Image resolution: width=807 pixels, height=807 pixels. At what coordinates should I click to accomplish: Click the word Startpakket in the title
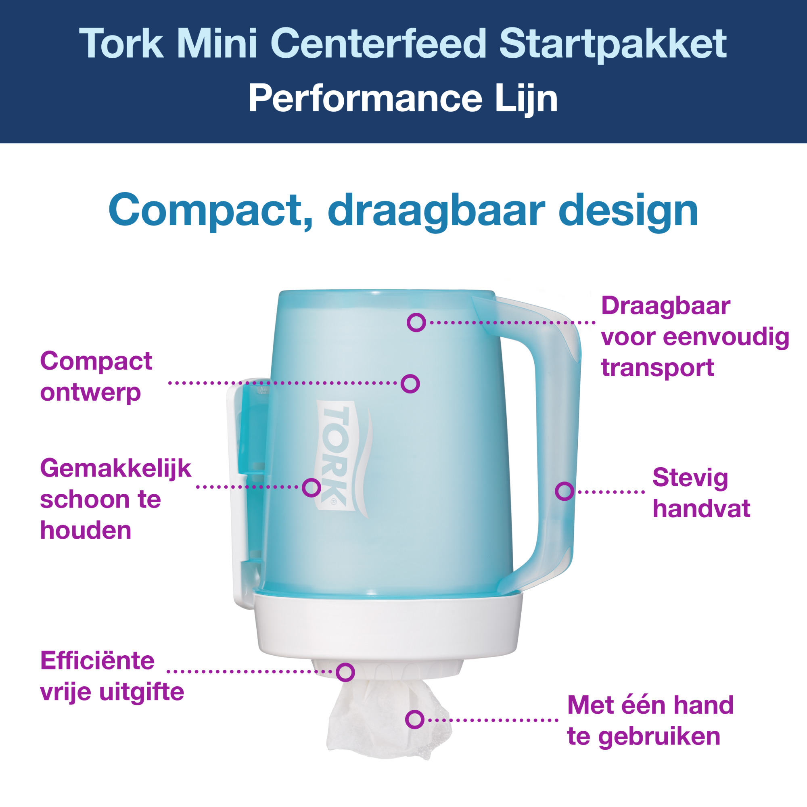click(x=613, y=44)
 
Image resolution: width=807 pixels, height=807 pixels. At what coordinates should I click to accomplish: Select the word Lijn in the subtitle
click(x=526, y=99)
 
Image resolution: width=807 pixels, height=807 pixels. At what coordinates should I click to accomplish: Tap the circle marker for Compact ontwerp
click(x=410, y=383)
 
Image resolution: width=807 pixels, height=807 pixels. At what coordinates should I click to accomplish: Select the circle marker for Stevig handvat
click(x=564, y=491)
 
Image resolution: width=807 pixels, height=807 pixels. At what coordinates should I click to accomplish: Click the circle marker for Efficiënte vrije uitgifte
click(x=345, y=672)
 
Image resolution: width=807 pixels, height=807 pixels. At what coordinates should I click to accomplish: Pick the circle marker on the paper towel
click(x=415, y=720)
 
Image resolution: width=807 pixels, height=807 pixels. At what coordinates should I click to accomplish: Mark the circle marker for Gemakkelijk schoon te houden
click(x=311, y=487)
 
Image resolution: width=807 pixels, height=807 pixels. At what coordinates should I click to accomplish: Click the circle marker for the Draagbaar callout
click(x=416, y=322)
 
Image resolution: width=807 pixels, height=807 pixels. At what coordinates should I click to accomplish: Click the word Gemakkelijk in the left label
click(x=116, y=468)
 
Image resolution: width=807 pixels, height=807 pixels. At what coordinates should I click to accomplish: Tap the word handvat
click(x=701, y=509)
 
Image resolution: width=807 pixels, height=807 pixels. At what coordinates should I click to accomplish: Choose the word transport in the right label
click(x=657, y=368)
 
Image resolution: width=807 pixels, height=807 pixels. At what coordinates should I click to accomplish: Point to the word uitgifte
click(x=142, y=692)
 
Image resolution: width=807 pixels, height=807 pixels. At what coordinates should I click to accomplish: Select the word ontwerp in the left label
click(x=90, y=393)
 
